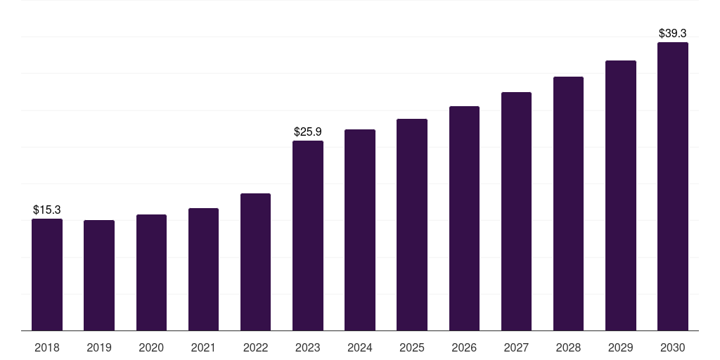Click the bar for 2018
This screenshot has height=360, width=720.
pyautogui.click(x=47, y=274)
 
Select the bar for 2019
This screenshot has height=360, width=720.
pyautogui.click(x=99, y=275)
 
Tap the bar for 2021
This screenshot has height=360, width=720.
pyautogui.click(x=203, y=269)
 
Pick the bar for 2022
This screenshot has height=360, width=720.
pyautogui.click(x=255, y=262)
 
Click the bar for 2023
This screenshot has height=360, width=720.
pyautogui.click(x=308, y=236)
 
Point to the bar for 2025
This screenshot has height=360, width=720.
pyautogui.click(x=412, y=224)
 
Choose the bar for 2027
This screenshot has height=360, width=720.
pyautogui.click(x=516, y=211)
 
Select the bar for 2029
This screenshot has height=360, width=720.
pyautogui.click(x=621, y=195)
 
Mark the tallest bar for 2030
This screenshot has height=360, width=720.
pyautogui.click(x=673, y=186)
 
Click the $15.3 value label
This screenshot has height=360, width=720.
pyautogui.click(x=47, y=210)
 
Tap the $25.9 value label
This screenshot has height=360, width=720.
pyautogui.click(x=308, y=131)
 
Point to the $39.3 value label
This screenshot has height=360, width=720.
pyautogui.click(x=673, y=33)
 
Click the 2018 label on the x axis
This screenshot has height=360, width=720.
pyautogui.click(x=47, y=347)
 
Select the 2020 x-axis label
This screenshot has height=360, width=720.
pyautogui.click(x=151, y=347)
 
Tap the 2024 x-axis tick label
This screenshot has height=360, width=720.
pyautogui.click(x=360, y=347)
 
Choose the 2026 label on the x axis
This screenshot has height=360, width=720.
pyautogui.click(x=464, y=347)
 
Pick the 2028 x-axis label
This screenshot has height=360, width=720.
pyautogui.click(x=568, y=347)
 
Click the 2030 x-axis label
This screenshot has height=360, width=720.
pyautogui.click(x=673, y=347)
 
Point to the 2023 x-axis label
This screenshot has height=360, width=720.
pyautogui.click(x=308, y=347)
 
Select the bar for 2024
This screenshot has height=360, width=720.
pyautogui.click(x=360, y=230)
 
